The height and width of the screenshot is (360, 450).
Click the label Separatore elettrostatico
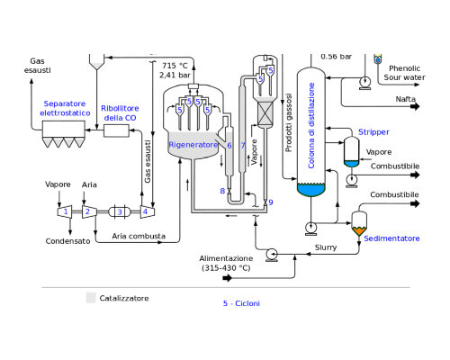(65, 108)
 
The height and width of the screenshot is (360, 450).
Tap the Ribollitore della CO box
(116, 130)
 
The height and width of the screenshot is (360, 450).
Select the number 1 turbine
(65, 211)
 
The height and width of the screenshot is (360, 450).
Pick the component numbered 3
(119, 211)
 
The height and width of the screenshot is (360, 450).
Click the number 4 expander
(148, 211)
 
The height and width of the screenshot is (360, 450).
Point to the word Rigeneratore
(193, 145)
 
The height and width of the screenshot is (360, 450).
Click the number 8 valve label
(222, 191)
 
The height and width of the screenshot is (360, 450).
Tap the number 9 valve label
(271, 202)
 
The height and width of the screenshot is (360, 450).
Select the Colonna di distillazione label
(311, 125)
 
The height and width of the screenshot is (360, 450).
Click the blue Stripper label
(373, 132)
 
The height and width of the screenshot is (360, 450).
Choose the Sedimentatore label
(391, 238)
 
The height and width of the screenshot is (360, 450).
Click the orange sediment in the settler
(359, 230)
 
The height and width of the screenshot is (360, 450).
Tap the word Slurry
(326, 247)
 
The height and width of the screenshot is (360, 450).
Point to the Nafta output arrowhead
(416, 106)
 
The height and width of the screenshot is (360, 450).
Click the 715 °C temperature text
(175, 66)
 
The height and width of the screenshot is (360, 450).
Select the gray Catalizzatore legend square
(91, 298)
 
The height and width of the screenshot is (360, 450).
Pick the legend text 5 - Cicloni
(241, 303)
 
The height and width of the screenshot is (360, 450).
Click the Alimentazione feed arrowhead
(228, 278)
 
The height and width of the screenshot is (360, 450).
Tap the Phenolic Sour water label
(404, 73)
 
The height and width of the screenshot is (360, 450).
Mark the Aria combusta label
(139, 236)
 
